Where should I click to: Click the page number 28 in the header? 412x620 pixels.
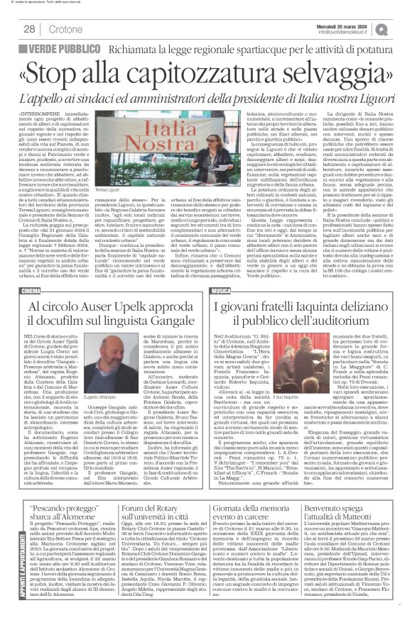tap(31, 28)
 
